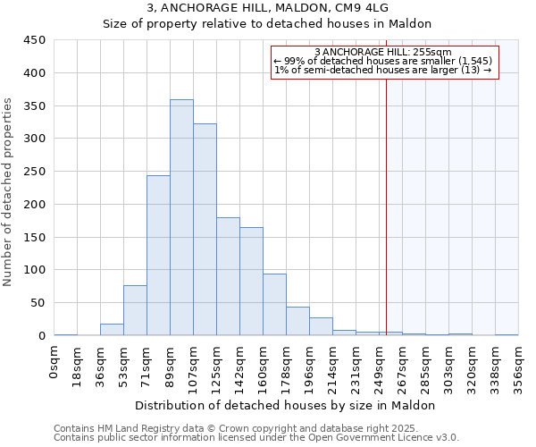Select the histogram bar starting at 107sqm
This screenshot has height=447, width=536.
click(x=205, y=230)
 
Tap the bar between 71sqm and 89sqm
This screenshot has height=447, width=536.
click(x=158, y=256)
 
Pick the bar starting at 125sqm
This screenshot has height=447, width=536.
click(x=228, y=276)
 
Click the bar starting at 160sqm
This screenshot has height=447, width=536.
click(x=274, y=305)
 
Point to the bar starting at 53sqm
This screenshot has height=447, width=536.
click(x=135, y=310)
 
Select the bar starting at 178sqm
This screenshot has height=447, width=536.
click(x=297, y=321)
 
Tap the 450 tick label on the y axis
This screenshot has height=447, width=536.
click(x=35, y=40)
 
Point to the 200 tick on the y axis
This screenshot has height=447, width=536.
click(x=35, y=204)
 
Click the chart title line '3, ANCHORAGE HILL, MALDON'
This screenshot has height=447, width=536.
click(x=267, y=8)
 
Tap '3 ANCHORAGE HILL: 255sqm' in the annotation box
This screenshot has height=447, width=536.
click(x=383, y=52)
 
